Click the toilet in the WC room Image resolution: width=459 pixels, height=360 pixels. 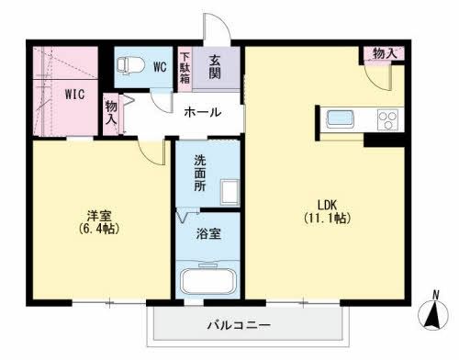[130, 66]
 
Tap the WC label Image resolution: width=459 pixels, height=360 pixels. [159, 67]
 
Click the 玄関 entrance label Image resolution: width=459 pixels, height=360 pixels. [215, 66]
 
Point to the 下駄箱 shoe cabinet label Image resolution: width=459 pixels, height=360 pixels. [185, 66]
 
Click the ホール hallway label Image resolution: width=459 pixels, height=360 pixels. [202, 112]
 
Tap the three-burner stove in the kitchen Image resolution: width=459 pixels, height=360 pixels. [386, 119]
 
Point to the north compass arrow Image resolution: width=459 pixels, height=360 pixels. [431, 315]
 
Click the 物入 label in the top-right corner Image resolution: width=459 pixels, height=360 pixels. [385, 53]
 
